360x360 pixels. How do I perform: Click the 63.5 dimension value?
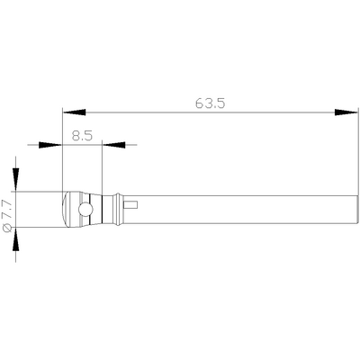click(x=209, y=103)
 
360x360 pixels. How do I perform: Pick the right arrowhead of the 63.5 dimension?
click(x=345, y=112)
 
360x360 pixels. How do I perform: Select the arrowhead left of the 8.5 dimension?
click(x=53, y=144)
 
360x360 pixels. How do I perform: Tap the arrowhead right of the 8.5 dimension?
click(x=112, y=144)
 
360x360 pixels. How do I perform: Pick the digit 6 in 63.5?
click(x=199, y=103)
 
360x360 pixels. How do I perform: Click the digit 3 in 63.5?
click(x=207, y=103)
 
